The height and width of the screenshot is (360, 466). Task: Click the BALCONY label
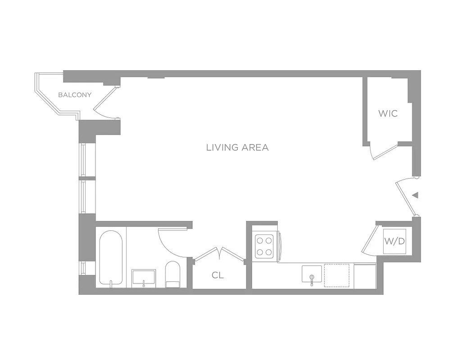[x=75, y=95]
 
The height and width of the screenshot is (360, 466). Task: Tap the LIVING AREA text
[x=237, y=147]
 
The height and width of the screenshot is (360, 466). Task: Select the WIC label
[x=388, y=113]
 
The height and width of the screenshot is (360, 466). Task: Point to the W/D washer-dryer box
[x=394, y=241]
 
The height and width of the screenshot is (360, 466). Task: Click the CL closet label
[x=218, y=275]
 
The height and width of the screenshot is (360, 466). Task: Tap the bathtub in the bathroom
[x=111, y=258]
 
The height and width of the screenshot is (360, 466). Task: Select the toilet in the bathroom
[x=172, y=274]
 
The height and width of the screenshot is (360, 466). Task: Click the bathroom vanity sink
[x=144, y=277]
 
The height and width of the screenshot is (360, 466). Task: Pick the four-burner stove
[x=265, y=246]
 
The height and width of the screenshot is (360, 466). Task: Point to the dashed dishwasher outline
[x=337, y=275]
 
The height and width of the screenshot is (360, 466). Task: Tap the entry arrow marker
[x=416, y=195]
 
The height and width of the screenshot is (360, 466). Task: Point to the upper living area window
[x=83, y=160]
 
